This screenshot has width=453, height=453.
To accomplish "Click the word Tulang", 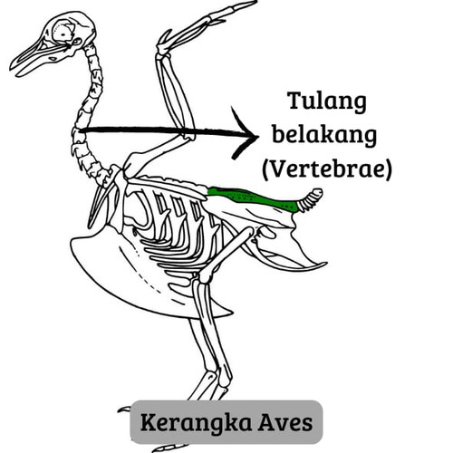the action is tap(327, 101).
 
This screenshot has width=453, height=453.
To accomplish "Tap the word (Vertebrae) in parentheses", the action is tap(327, 169).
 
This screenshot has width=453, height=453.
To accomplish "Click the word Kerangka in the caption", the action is tap(196, 422).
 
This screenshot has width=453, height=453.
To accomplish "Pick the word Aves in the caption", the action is tap(285, 423).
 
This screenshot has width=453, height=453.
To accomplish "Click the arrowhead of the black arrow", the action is tap(246, 133).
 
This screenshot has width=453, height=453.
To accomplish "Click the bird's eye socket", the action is tap(63, 33).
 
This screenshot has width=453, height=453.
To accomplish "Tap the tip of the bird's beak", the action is tap(12, 68).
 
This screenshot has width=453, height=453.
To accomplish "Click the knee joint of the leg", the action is tap(203, 276).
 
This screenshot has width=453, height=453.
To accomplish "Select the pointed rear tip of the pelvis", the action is tap(324, 264).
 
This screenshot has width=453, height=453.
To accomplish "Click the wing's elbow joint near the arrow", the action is tap(189, 135).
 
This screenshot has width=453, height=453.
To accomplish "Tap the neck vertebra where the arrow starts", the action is tap(77, 130).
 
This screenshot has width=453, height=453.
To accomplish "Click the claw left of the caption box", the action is tap(124, 410).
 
